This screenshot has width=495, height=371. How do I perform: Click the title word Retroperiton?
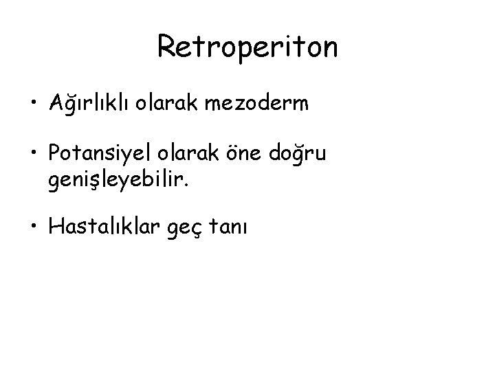click(x=247, y=47)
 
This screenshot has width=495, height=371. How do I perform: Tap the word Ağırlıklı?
click(x=88, y=104)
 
